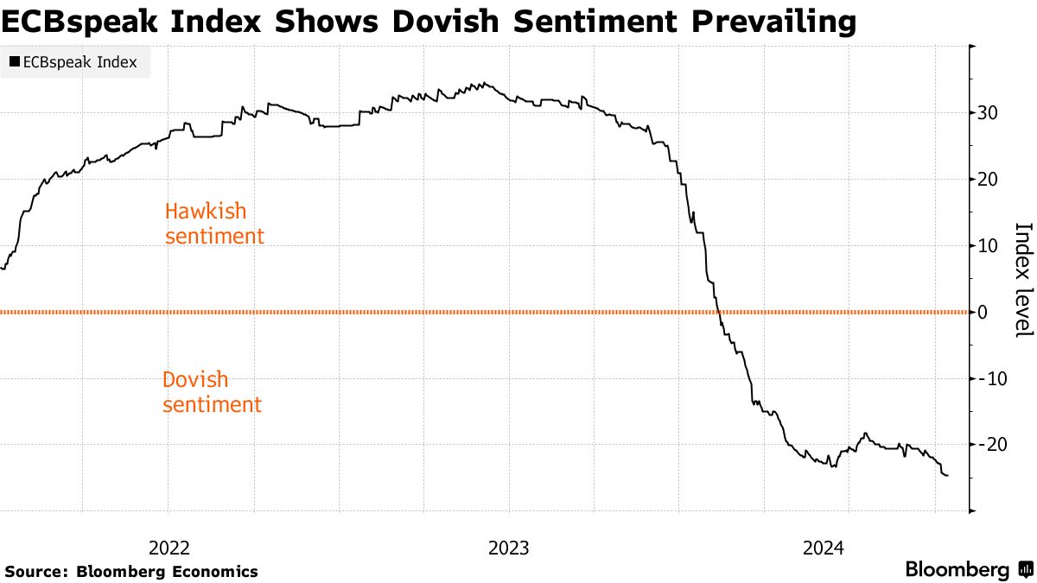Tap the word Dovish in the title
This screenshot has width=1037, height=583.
point(447,21)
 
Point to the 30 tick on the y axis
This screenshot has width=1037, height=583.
point(988,113)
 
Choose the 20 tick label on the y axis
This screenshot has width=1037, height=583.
point(988,180)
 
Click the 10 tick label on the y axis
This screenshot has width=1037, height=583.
point(988,246)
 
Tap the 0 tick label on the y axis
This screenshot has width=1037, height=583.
point(983,312)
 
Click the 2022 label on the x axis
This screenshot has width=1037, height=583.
point(169,548)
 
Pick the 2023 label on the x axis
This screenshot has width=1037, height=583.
point(509,548)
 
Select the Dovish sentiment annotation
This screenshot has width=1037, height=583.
point(212,391)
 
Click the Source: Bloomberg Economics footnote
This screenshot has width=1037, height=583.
point(131,571)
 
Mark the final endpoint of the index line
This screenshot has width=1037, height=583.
point(947,475)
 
